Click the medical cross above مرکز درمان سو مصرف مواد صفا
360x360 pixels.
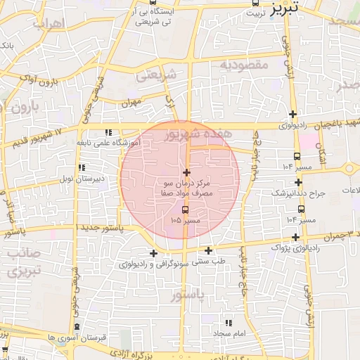coord(186,172)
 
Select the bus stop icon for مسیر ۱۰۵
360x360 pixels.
coord(186,210)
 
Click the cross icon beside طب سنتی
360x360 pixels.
coord(208,250)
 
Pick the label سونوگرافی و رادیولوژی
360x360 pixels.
coord(153,264)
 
